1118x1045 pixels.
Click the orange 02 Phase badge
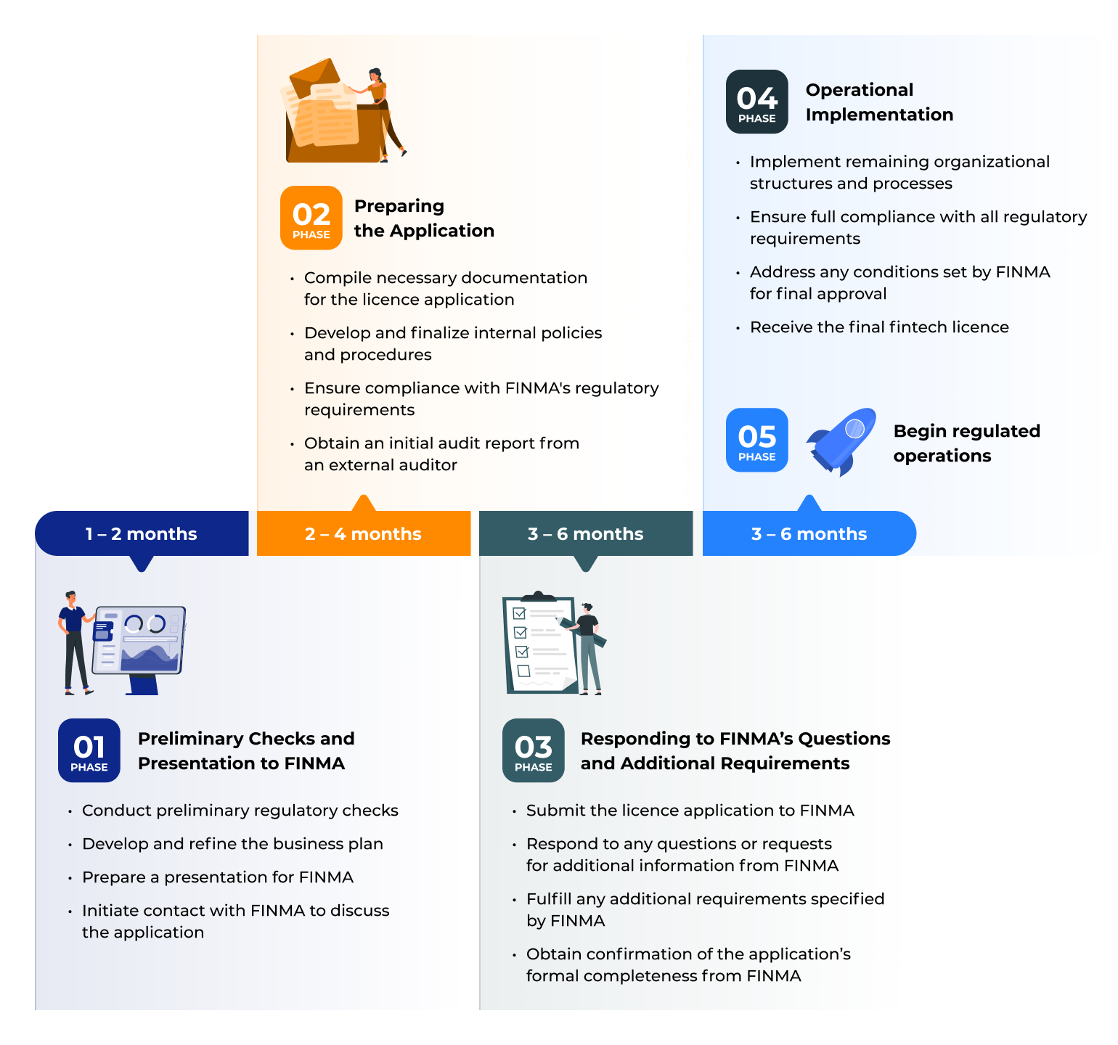pos(311,218)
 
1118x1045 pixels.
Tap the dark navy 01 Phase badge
pos(89,750)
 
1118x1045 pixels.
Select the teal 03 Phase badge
pos(533,750)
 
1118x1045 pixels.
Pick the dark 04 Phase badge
pos(756,102)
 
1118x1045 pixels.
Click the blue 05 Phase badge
pos(756,440)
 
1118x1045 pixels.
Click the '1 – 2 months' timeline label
pos(142,534)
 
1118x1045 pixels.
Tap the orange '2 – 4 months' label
pos(363,534)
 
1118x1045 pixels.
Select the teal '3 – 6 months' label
pos(585,534)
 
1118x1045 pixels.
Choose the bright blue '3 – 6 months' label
pos(809,534)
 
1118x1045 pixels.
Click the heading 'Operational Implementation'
pos(878,102)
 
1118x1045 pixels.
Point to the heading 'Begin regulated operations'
pos(966,443)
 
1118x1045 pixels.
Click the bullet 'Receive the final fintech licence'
pos(878,327)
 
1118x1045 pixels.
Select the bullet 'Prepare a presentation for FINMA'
pos(217,877)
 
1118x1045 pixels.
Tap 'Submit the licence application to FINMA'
pos(690,811)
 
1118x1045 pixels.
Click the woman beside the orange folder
pos(380,109)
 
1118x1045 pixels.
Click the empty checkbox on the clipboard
pos(523,671)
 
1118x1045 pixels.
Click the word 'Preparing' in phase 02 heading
pos(399,206)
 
